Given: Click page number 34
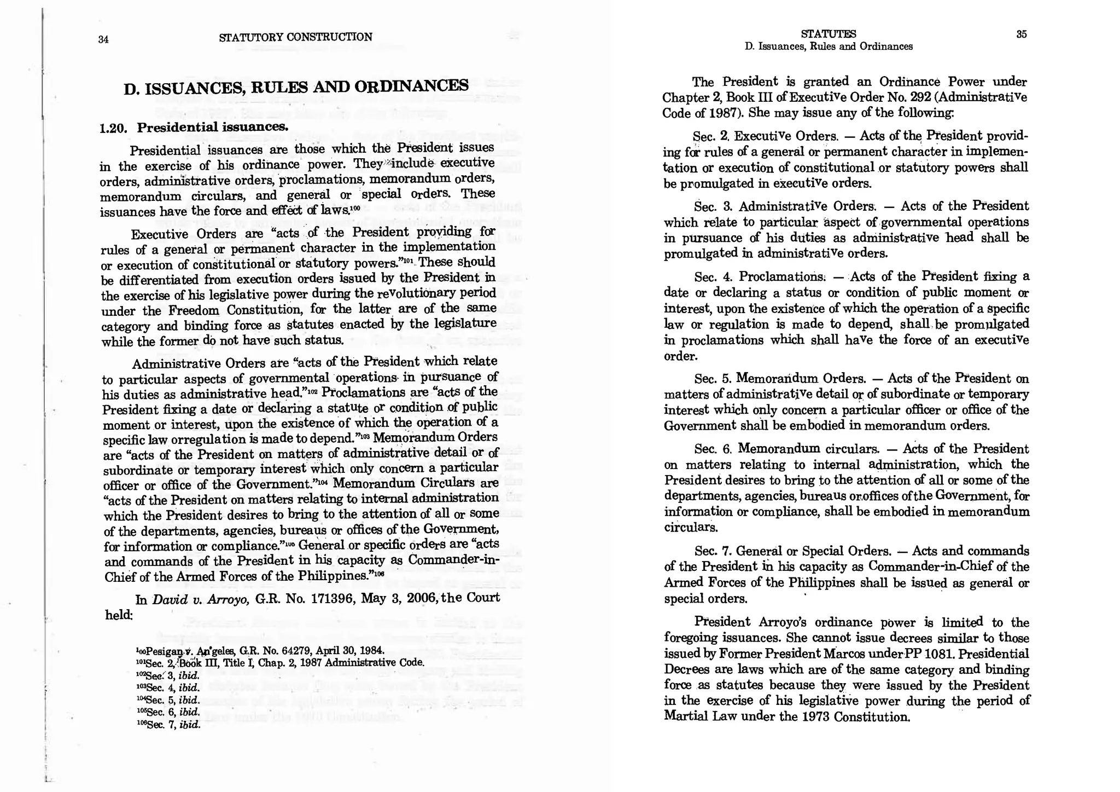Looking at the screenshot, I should (x=103, y=39).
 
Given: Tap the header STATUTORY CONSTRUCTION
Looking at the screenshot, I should (x=295, y=37).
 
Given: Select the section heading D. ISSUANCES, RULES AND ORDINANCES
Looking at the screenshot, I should (x=296, y=87).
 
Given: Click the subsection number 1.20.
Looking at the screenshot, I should (x=113, y=128).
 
